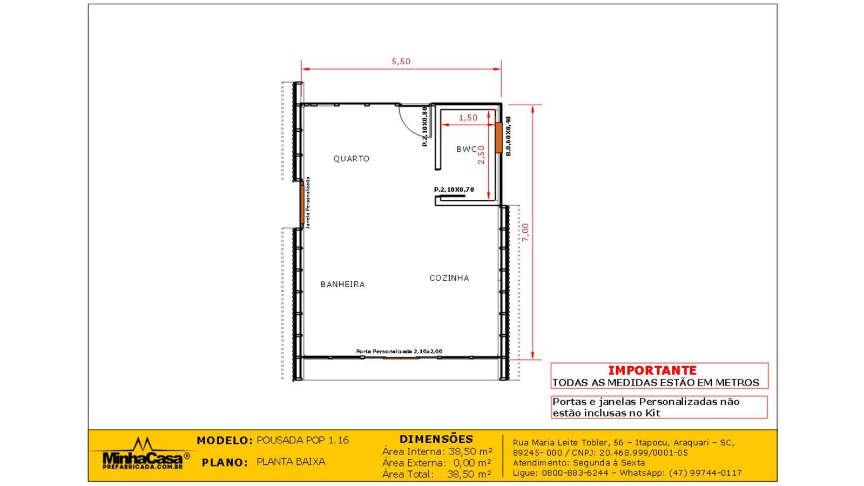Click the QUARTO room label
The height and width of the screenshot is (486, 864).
(352, 159)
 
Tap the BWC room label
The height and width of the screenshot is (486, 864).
(467, 149)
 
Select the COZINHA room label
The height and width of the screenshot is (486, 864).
(449, 278)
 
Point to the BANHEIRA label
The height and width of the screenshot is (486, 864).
(343, 284)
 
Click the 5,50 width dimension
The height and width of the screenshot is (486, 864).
(401, 62)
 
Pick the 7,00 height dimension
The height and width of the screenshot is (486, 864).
(525, 233)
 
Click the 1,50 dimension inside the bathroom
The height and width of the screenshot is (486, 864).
(468, 118)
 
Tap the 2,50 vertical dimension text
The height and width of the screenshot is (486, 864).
(481, 154)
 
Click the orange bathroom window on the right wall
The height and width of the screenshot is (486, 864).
(499, 138)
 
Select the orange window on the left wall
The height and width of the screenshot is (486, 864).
(302, 205)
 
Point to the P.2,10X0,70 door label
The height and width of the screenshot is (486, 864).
(454, 190)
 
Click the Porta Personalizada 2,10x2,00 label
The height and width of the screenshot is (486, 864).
(399, 352)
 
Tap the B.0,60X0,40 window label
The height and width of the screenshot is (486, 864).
(508, 136)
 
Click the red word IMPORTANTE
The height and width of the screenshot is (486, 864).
(652, 370)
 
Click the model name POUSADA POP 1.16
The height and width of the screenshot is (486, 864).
(303, 440)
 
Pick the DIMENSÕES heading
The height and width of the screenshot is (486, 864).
(436, 440)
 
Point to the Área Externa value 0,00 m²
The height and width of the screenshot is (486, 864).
(472, 462)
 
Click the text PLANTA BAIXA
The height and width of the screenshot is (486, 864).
(291, 462)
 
